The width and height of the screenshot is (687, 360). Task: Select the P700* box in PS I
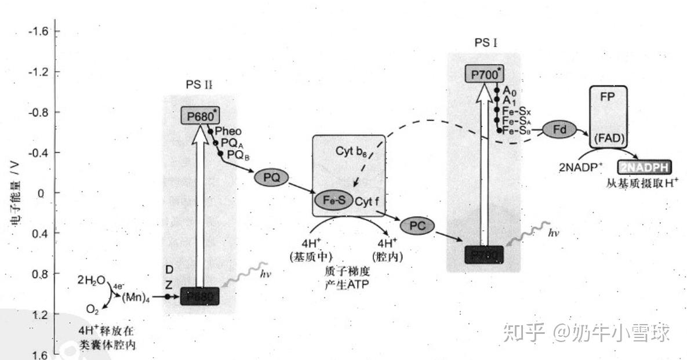pos(485,74)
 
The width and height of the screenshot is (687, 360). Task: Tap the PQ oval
pos(271,178)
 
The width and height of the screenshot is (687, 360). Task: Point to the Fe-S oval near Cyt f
pos(333,200)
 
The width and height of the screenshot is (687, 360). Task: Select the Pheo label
pos(228,132)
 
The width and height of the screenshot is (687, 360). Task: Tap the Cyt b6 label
pos(351,151)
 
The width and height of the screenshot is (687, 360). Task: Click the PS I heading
pos(485,42)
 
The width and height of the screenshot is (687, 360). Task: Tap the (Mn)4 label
pos(135,297)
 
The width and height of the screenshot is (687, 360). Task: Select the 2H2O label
pos(91,281)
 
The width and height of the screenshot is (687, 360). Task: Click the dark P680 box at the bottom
pos(200,296)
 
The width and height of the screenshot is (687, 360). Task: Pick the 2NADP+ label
pos(580,168)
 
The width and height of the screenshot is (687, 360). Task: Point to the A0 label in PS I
pos(510,91)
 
